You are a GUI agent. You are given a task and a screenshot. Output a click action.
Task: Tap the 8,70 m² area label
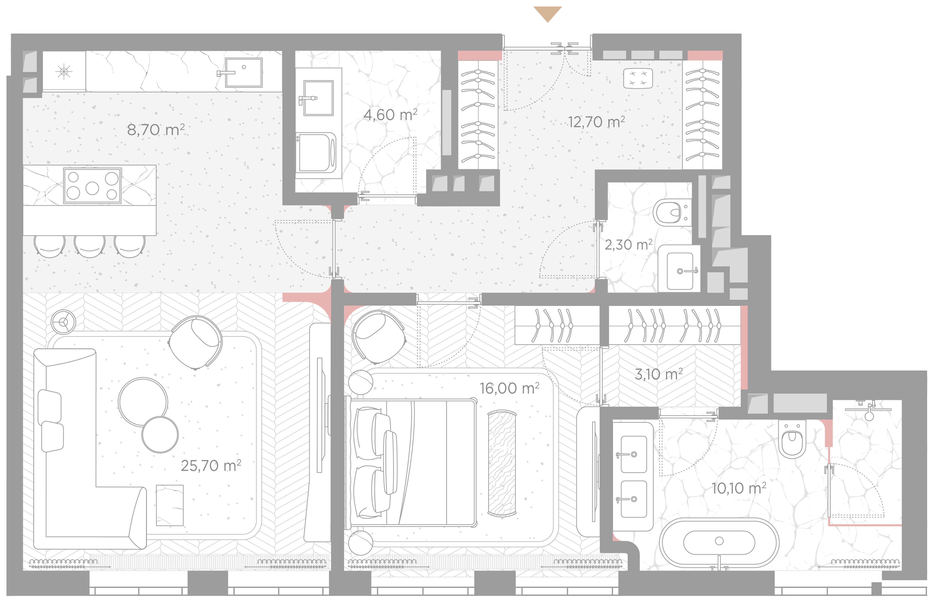tap(156, 130)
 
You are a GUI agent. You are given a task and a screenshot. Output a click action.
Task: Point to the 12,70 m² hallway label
tap(596, 122)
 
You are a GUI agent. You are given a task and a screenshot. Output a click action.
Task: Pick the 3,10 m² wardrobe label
tap(659, 374)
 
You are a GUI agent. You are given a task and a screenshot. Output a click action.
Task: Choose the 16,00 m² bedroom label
tap(510, 388)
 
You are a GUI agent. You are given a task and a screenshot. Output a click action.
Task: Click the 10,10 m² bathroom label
tap(739, 488)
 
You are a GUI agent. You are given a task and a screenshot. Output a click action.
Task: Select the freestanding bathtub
tap(719, 543)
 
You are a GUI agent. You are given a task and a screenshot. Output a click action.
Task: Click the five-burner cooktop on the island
tap(92, 186)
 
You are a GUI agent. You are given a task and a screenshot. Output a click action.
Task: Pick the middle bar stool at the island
tap(89, 246)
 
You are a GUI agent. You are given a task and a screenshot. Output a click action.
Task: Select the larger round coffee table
tap(143, 402)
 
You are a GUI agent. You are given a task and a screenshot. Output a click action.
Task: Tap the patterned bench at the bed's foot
tap(502, 463)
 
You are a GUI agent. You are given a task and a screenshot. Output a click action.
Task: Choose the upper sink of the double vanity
tap(634, 455)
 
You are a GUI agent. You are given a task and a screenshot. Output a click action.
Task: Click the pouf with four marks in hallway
tap(638, 78)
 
